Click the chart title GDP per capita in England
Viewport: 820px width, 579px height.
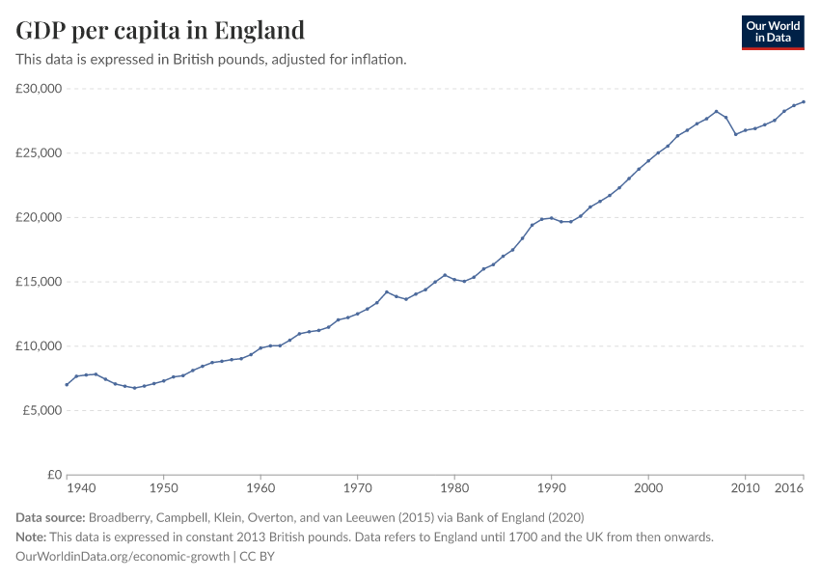[160, 30]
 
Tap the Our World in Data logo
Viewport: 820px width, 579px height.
[772, 32]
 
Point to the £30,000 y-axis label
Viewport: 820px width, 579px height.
[39, 89]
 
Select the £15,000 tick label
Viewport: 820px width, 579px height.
[39, 282]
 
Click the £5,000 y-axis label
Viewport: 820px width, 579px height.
[41, 410]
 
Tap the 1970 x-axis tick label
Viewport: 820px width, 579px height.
[357, 489]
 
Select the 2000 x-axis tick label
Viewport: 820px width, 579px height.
[648, 489]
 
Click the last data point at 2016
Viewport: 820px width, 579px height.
[804, 101]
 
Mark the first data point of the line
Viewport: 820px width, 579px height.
[67, 384]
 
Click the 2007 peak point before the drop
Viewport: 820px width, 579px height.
[716, 111]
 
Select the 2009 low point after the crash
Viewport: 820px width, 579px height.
[735, 134]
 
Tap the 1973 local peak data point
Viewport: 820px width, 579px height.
[387, 291]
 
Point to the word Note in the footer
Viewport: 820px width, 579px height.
[32, 537]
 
